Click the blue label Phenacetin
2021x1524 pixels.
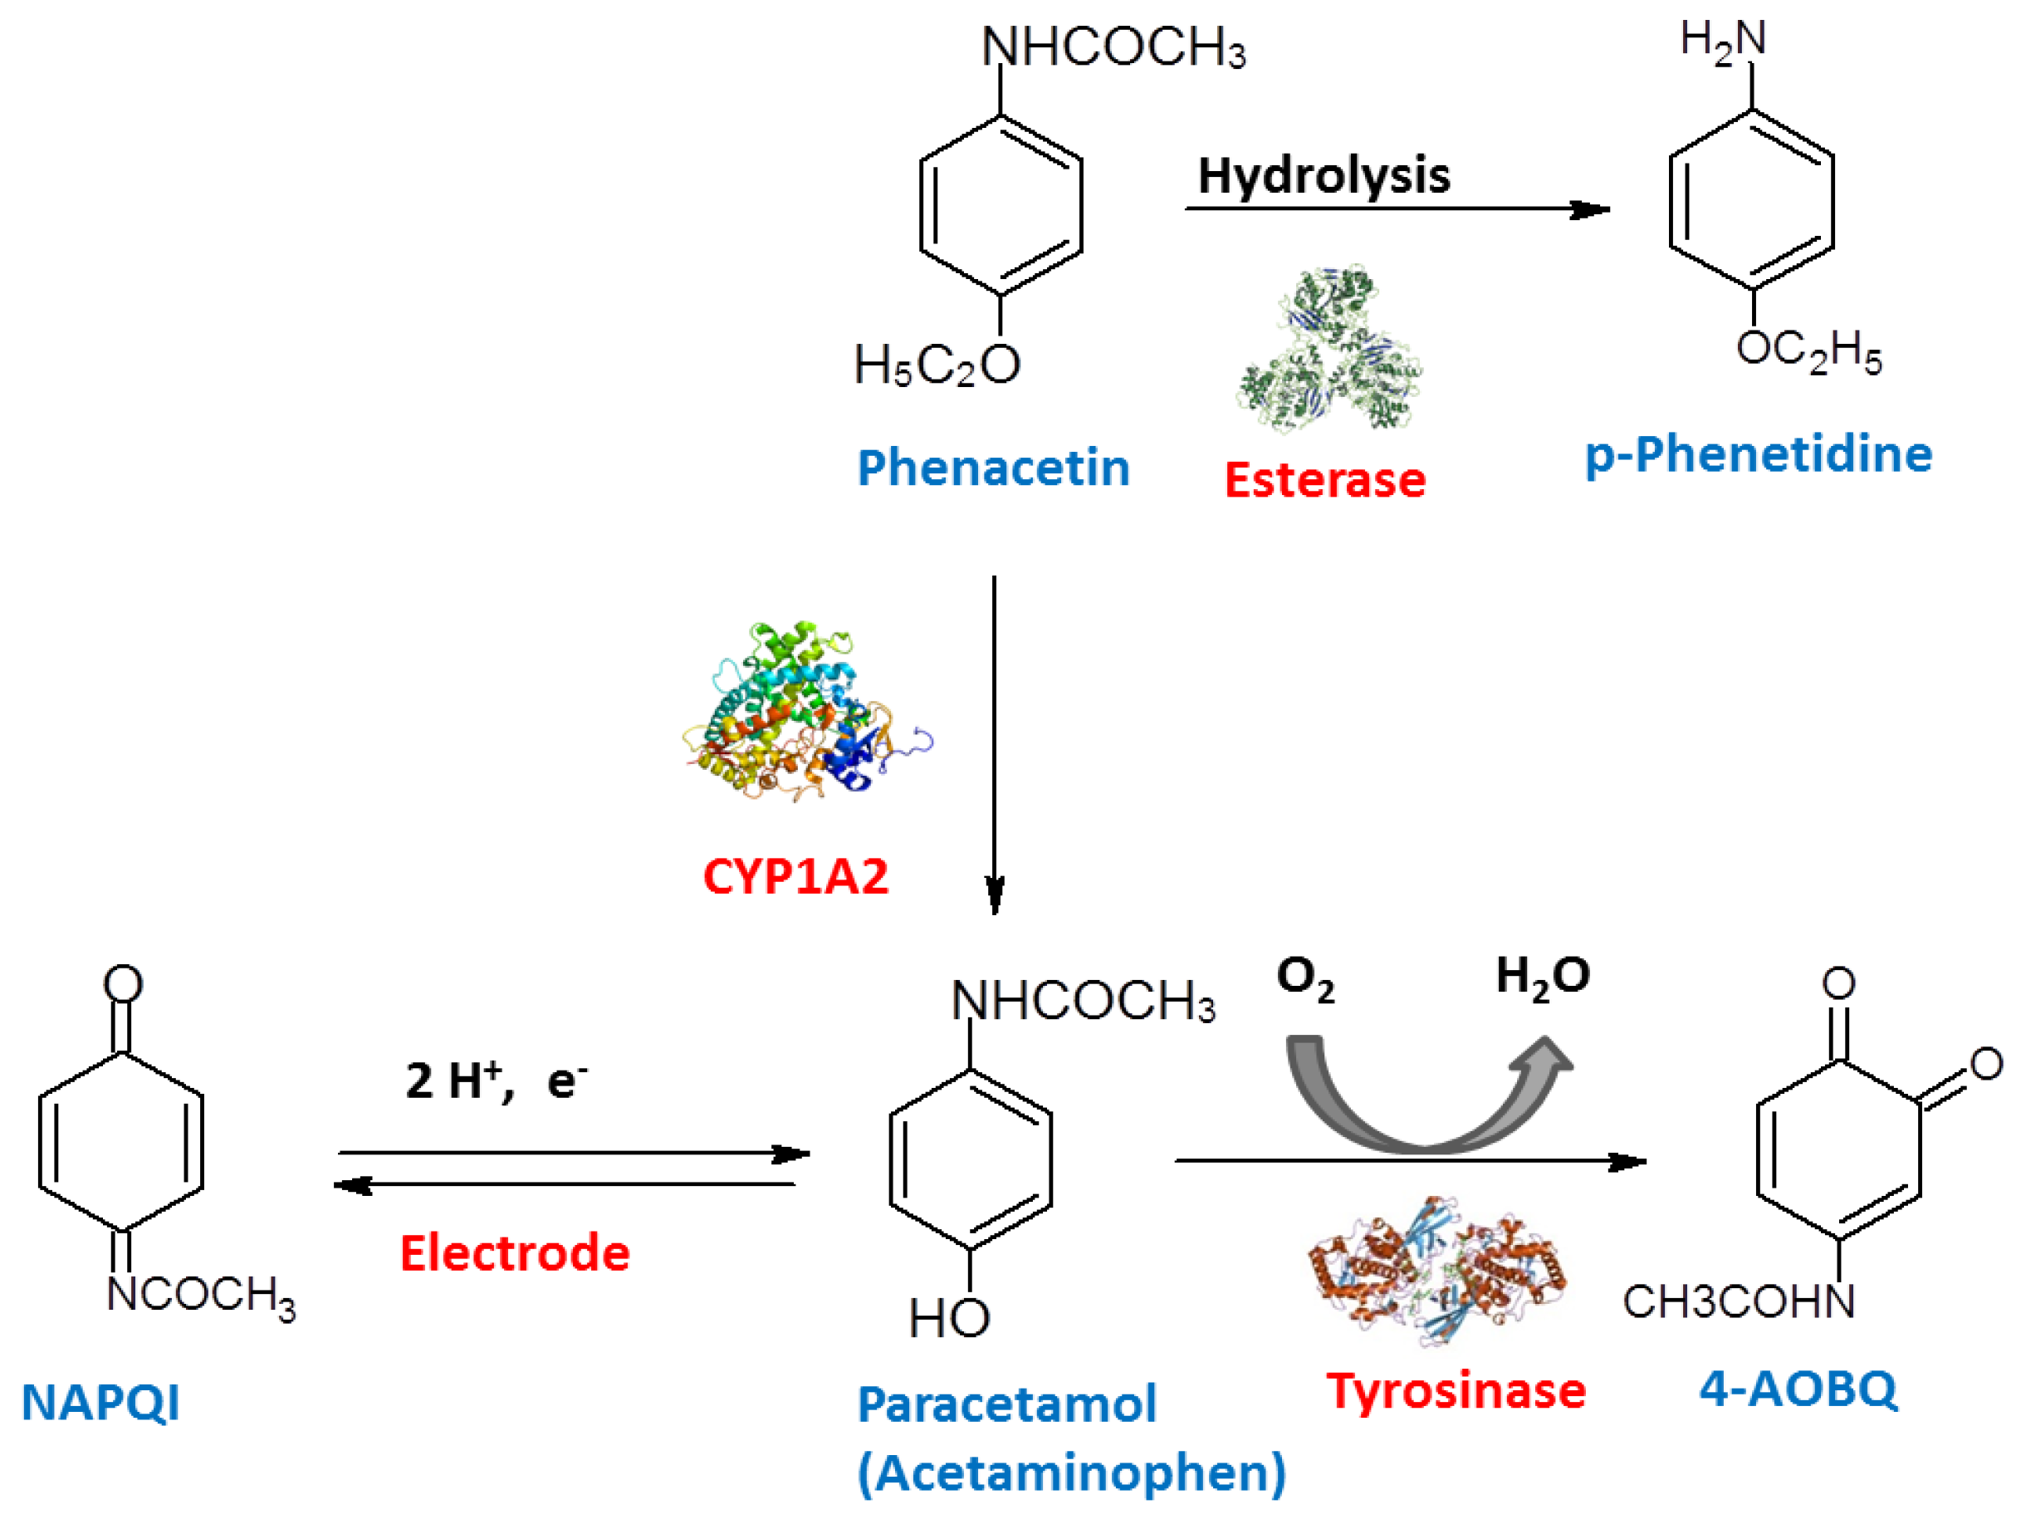click(x=993, y=468)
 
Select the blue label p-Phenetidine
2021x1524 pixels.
click(x=1758, y=454)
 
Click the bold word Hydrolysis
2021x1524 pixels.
click(x=1323, y=175)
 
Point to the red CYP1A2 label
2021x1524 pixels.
click(x=795, y=876)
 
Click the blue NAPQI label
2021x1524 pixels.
click(x=100, y=1403)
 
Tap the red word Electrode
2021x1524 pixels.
click(x=515, y=1252)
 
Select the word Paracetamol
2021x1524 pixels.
click(x=1006, y=1404)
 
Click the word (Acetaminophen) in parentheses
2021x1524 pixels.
click(x=1071, y=1473)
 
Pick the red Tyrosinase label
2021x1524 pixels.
click(x=1456, y=1391)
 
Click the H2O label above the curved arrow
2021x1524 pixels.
click(x=1542, y=977)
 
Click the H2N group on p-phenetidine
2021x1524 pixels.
click(x=1722, y=42)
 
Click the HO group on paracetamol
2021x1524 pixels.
click(x=948, y=1318)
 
